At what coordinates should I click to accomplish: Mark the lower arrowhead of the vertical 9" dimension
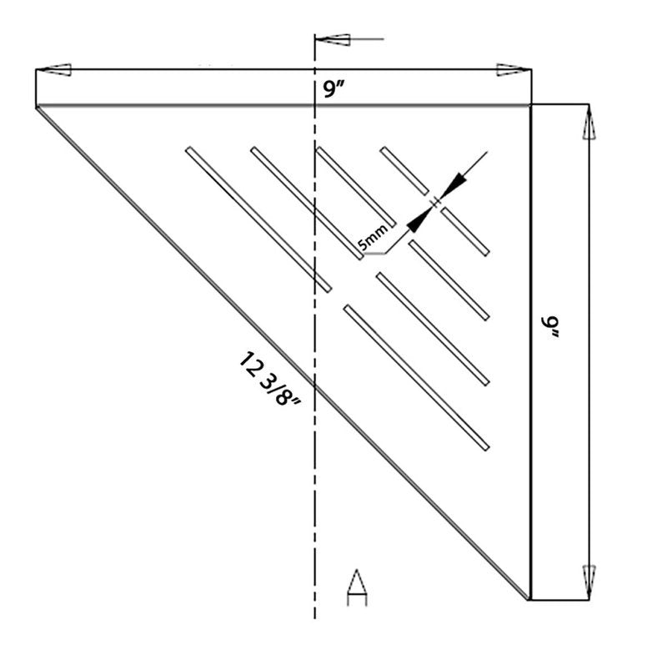point(589,577)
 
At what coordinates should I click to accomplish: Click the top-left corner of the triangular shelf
point(37,106)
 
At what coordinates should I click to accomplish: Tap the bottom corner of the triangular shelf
point(529,598)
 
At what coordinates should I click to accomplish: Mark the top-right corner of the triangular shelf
point(530,105)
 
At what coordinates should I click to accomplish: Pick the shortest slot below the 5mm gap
point(464,231)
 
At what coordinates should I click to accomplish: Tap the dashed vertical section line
point(314,417)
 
